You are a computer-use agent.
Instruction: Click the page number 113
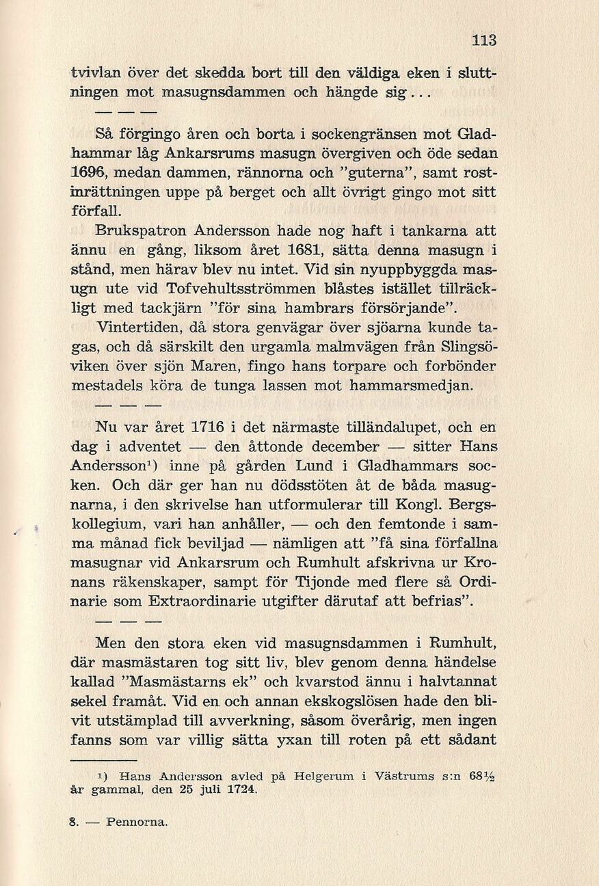[x=484, y=40]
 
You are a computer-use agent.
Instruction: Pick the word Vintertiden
[x=141, y=327]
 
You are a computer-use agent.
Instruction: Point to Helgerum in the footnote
[x=323, y=777]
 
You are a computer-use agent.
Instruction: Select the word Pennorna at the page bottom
[x=137, y=822]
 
